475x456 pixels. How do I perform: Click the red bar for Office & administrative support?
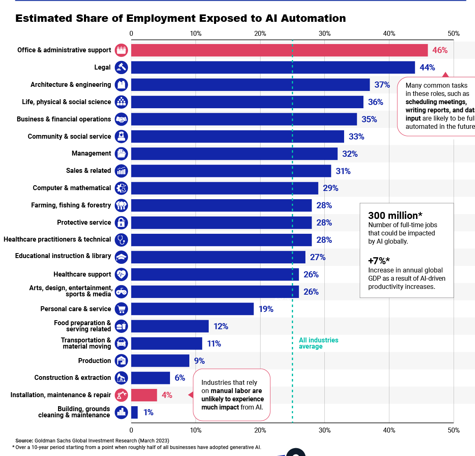click(x=279, y=50)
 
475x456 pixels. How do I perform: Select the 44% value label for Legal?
click(x=427, y=67)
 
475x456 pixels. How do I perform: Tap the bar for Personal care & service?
click(x=192, y=309)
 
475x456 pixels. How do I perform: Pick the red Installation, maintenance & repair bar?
click(x=144, y=395)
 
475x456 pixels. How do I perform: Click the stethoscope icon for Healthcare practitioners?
click(x=121, y=240)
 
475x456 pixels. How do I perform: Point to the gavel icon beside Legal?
click(x=121, y=67)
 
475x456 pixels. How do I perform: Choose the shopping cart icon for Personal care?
click(x=121, y=309)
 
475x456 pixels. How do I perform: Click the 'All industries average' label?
click(x=318, y=343)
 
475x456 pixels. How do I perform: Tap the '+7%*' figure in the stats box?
click(x=379, y=261)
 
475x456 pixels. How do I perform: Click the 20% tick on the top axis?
click(x=260, y=34)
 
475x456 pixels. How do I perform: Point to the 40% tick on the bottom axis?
click(x=389, y=430)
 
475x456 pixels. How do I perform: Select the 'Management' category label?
click(x=91, y=154)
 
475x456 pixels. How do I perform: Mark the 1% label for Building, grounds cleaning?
click(x=148, y=412)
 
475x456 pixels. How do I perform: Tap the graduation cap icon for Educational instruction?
click(x=121, y=257)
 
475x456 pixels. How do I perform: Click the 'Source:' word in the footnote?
click(x=24, y=441)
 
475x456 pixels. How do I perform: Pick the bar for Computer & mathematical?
click(x=224, y=188)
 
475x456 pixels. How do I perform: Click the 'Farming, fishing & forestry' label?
click(x=71, y=205)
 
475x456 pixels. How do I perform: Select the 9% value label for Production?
click(x=199, y=361)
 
